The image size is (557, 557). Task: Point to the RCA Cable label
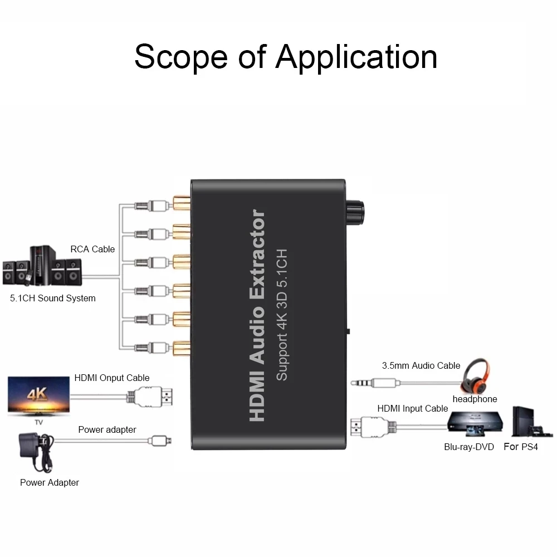click(92, 249)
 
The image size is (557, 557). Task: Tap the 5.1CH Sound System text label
click(53, 298)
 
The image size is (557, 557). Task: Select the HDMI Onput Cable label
click(112, 378)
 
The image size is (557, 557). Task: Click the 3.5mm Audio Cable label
click(421, 365)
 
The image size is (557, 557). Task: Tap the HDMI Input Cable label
click(413, 408)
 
